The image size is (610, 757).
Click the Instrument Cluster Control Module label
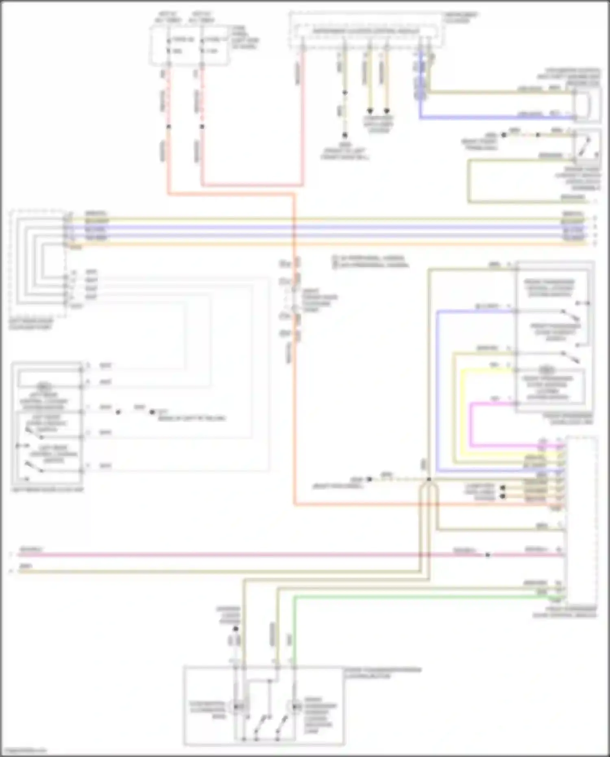366,31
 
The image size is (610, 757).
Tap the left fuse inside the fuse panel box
169,45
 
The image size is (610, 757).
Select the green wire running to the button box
407,597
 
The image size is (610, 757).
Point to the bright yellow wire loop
462,407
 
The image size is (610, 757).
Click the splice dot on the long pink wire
488,555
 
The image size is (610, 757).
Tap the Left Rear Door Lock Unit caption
48,490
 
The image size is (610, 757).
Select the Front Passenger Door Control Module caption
565,612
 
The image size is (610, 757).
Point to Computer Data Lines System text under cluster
379,124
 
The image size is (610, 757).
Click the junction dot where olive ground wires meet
429,480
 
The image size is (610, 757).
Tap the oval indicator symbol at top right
584,105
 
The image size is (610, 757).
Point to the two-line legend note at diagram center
370,262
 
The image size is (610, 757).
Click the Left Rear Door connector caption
31,324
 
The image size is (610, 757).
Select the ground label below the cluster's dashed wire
345,151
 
